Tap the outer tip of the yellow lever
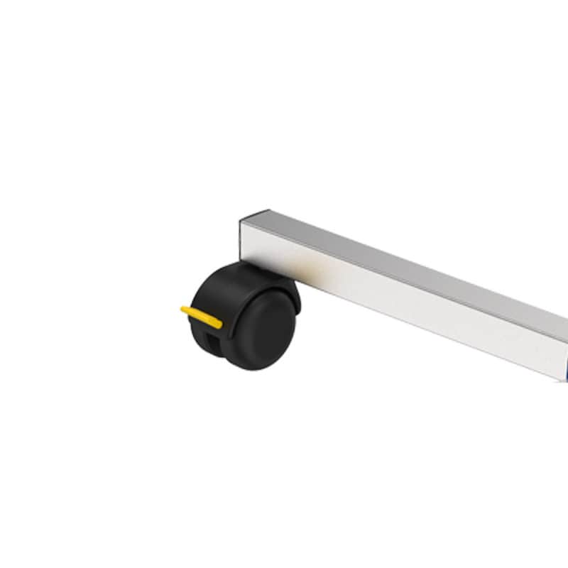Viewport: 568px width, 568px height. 184,310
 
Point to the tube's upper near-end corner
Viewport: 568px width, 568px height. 242,221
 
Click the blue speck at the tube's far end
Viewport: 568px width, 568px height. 565,369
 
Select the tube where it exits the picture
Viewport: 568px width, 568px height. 561,341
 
